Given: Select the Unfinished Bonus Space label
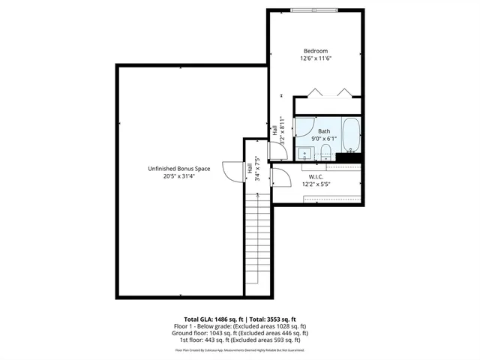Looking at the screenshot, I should (x=178, y=169).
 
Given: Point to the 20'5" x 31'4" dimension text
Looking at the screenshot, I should (x=178, y=177).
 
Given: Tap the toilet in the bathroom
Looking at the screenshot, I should (x=325, y=154).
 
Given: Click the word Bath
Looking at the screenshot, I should (x=323, y=131).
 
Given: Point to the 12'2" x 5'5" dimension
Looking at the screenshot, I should (x=316, y=184).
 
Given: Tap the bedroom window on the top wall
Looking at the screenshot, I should (x=316, y=10).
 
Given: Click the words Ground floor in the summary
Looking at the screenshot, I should (x=187, y=332).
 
